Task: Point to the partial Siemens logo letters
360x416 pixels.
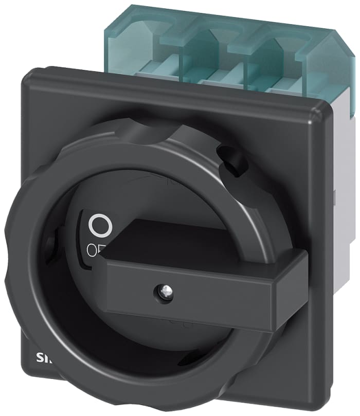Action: (x=42, y=357)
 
